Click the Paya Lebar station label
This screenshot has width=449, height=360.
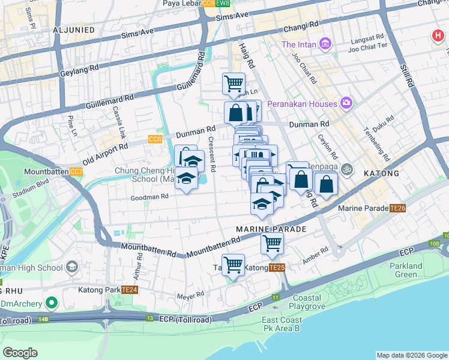(181, 4)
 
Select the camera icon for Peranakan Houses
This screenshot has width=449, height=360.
(346, 103)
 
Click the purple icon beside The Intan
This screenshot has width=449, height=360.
(325, 44)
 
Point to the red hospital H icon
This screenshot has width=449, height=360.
(438, 36)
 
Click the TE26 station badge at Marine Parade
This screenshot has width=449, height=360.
(397, 208)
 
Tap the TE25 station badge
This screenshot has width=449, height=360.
(277, 267)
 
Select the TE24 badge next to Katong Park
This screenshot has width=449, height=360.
(129, 290)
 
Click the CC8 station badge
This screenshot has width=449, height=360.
(154, 139)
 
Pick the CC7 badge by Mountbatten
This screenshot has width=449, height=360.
(76, 172)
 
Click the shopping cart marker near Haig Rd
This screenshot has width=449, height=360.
(233, 83)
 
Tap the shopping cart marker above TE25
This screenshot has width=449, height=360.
(271, 244)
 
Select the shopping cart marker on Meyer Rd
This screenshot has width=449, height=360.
(233, 264)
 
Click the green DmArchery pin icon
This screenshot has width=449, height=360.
(52, 302)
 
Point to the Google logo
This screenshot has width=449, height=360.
(20, 353)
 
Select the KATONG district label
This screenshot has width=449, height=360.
(381, 173)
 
